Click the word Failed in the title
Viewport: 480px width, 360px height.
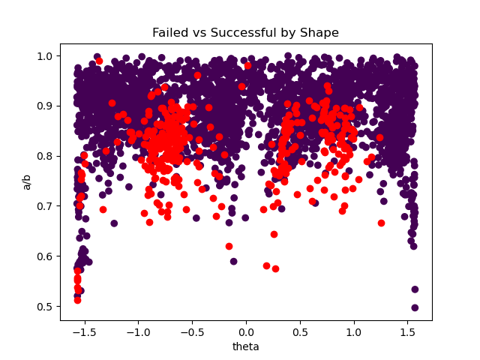169,33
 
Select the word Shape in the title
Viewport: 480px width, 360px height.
319,33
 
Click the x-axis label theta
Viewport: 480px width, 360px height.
246,346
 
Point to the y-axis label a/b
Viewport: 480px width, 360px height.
28,181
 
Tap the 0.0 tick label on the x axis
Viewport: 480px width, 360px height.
246,331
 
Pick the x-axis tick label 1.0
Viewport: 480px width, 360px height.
354,331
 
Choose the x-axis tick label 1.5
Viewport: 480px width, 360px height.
408,331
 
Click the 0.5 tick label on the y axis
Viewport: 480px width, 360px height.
45,306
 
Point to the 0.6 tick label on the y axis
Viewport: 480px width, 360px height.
45,256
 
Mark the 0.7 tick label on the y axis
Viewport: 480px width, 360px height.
45,205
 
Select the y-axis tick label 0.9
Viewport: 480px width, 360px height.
45,106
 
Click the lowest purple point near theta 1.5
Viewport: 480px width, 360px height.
415,307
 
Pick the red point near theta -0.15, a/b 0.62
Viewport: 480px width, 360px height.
229,246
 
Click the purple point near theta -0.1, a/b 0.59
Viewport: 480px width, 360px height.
233,261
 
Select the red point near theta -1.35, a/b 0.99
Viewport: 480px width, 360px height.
99,61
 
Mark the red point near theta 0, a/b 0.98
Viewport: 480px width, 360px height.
247,65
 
